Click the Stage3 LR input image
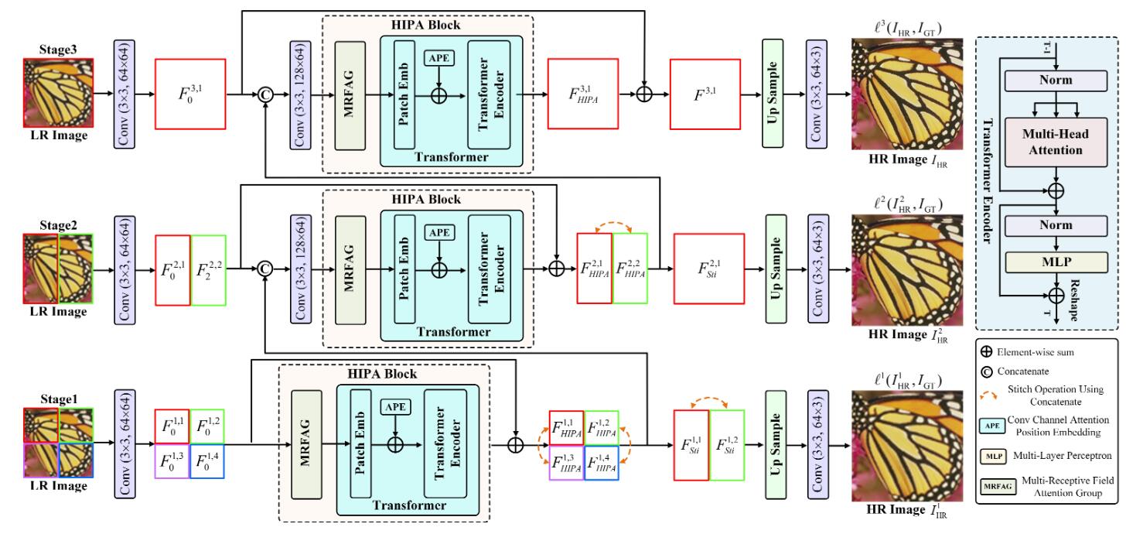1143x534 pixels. click(x=58, y=93)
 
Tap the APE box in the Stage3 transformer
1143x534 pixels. click(x=438, y=57)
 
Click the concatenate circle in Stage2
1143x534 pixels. click(x=264, y=269)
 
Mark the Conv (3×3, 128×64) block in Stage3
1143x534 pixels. click(x=299, y=92)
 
